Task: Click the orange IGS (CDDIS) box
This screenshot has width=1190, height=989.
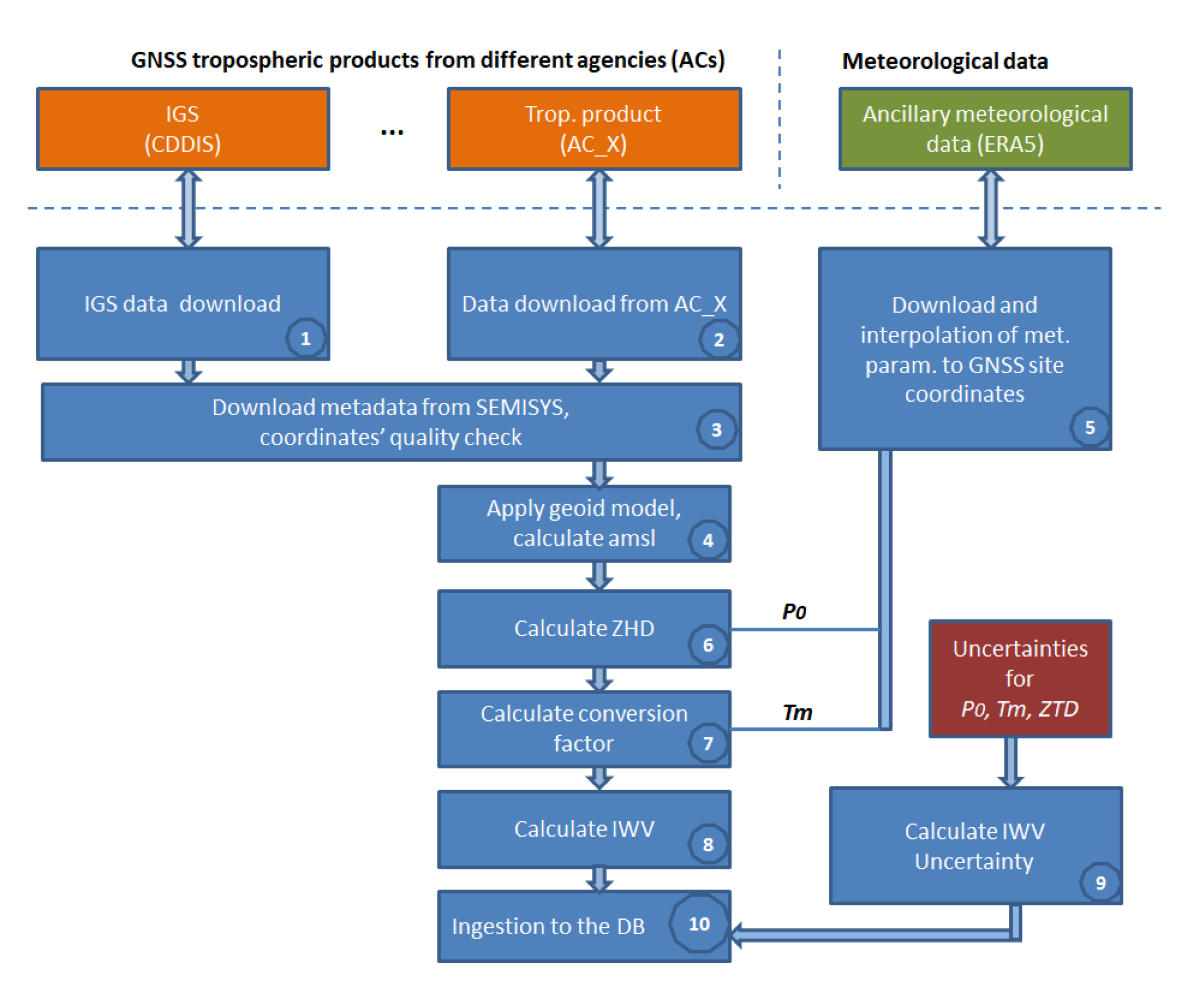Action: pyautogui.click(x=182, y=129)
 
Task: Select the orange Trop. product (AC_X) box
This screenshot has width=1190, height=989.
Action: pyautogui.click(x=594, y=129)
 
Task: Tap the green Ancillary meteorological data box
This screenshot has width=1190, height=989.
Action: pyautogui.click(x=985, y=129)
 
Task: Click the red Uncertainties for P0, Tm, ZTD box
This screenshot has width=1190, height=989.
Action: pyautogui.click(x=1019, y=678)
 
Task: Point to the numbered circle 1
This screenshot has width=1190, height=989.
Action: pyautogui.click(x=305, y=339)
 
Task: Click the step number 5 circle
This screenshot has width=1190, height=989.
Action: pyautogui.click(x=1089, y=427)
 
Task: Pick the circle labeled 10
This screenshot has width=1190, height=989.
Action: pyautogui.click(x=699, y=924)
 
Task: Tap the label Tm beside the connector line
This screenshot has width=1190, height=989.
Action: pyautogui.click(x=797, y=713)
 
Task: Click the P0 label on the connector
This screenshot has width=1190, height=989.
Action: pyautogui.click(x=794, y=612)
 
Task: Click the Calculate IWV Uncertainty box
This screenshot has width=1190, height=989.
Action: pyautogui.click(x=974, y=845)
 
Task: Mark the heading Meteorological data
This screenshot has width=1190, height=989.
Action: pyautogui.click(x=945, y=61)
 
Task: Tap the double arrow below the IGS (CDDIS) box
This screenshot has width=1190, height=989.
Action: pyautogui.click(x=188, y=208)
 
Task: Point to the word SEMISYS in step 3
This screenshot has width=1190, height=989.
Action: pyautogui.click(x=522, y=407)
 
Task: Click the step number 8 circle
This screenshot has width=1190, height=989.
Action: pyautogui.click(x=708, y=844)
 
